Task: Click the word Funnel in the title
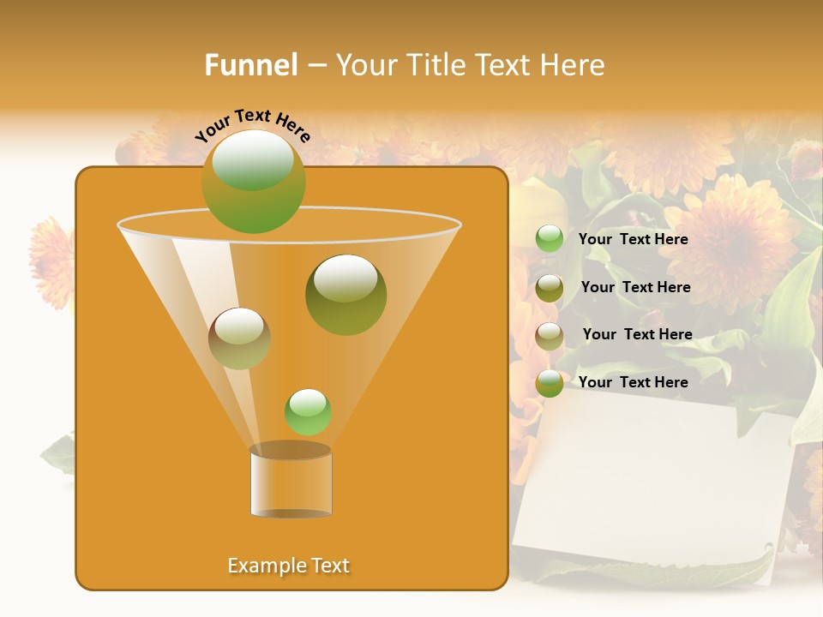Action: (250, 65)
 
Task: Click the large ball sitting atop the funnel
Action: (253, 181)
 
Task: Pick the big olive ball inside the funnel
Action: (345, 295)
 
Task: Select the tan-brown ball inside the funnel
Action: (239, 338)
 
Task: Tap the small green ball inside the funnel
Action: (308, 411)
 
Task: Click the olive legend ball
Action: (550, 288)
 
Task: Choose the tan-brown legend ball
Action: (550, 336)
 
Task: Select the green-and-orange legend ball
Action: (550, 383)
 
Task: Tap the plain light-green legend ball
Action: (550, 239)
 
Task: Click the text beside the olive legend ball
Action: (635, 287)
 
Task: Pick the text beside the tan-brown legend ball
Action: (637, 334)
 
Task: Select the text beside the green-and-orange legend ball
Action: (633, 382)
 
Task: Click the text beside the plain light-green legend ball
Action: (633, 239)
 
